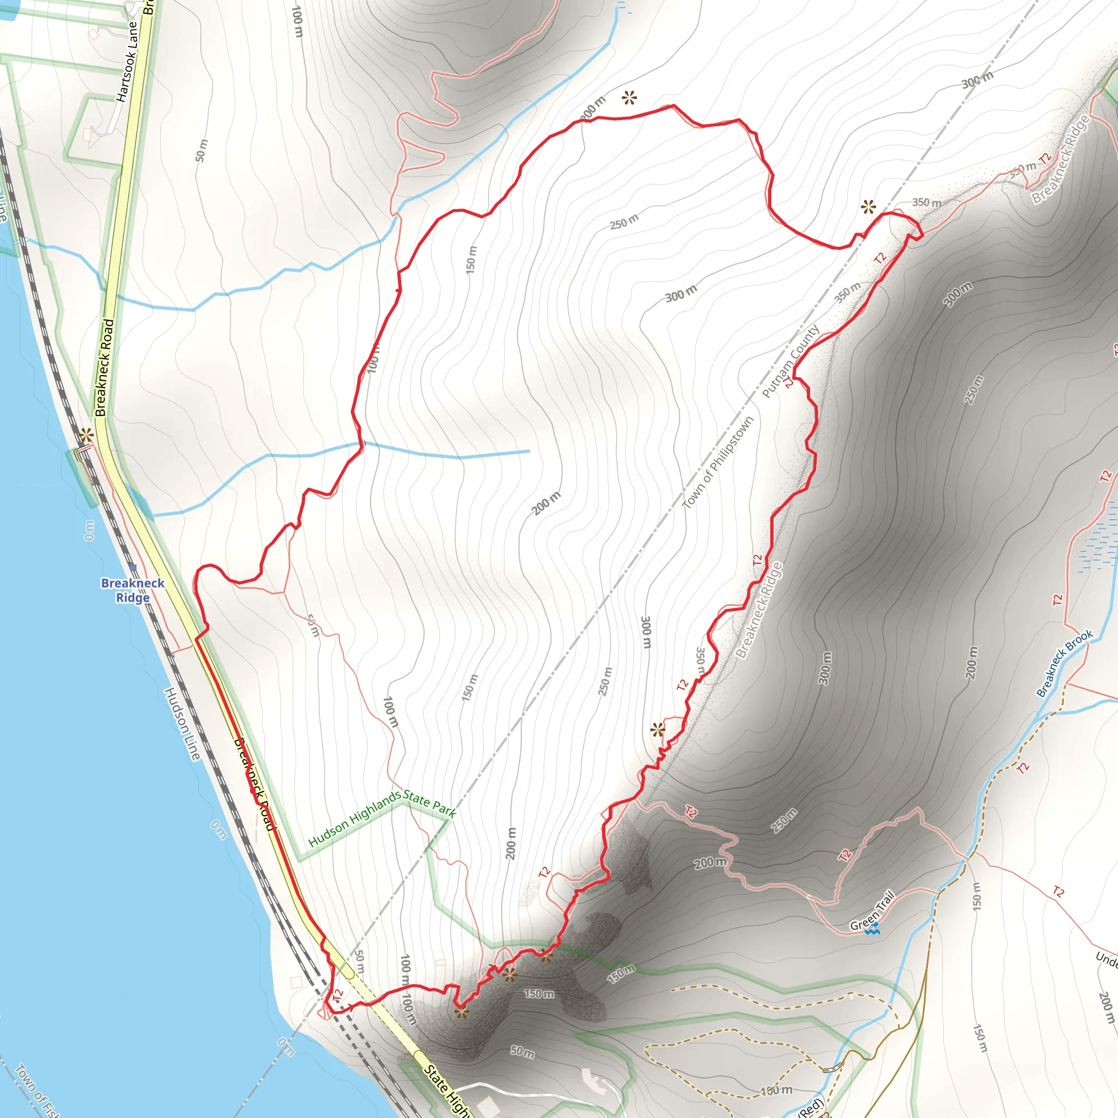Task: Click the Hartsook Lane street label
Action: (x=127, y=61)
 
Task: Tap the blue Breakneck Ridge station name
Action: (x=133, y=590)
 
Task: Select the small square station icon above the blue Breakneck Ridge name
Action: (x=133, y=568)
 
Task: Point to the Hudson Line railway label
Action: (x=182, y=723)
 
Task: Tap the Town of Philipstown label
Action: (x=717, y=463)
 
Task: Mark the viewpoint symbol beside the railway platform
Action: (x=86, y=435)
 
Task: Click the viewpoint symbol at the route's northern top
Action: (x=629, y=98)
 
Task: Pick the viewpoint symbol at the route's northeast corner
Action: (x=868, y=206)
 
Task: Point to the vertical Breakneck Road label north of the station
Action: (x=104, y=367)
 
